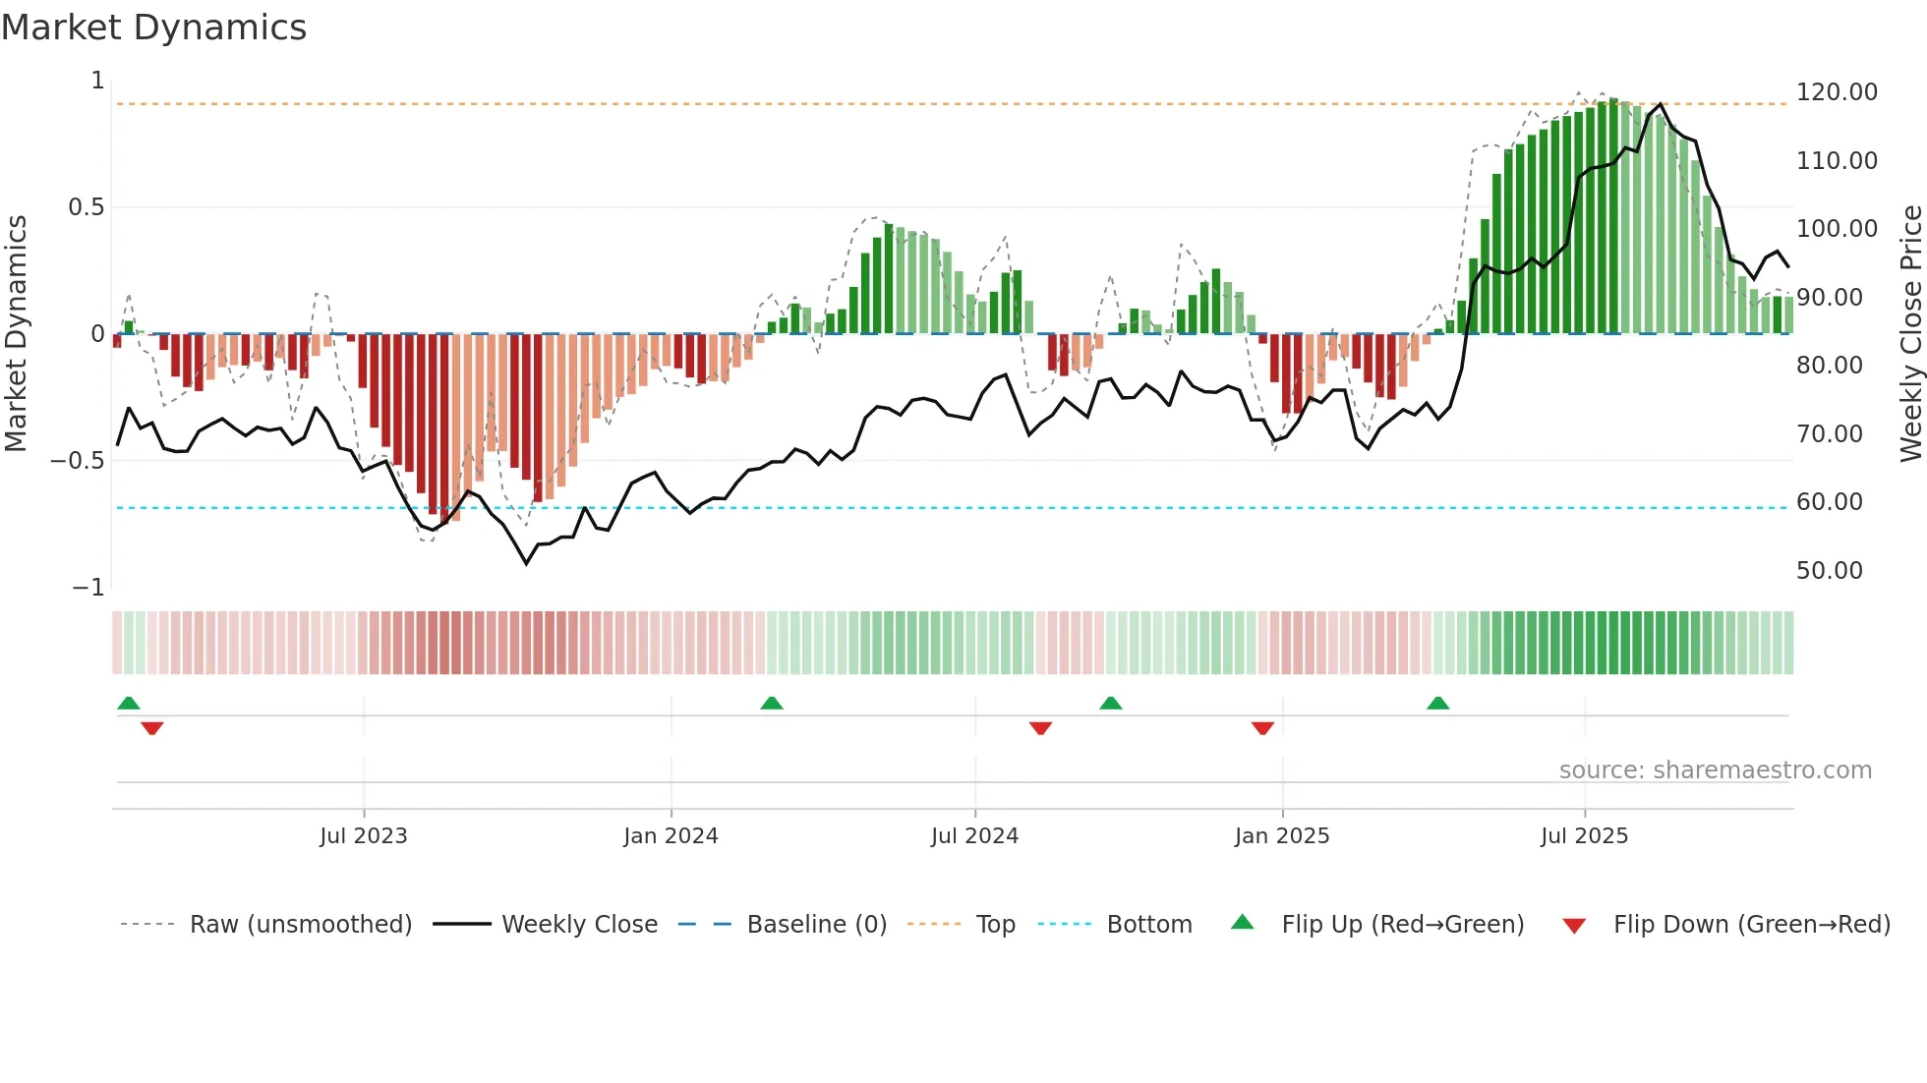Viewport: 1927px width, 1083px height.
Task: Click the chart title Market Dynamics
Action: pos(153,28)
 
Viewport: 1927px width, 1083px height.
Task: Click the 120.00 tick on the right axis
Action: pos(1837,92)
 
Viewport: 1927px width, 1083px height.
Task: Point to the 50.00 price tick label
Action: pos(1829,571)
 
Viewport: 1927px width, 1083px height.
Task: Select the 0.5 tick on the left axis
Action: pos(86,207)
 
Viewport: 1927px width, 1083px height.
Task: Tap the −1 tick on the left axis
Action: pos(88,588)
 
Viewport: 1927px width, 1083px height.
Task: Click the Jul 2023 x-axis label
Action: pos(363,836)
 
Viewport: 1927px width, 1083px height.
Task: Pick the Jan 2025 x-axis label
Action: pos(1282,836)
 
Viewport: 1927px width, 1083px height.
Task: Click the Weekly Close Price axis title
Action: pos(1910,334)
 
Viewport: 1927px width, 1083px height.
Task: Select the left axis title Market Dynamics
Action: pos(16,334)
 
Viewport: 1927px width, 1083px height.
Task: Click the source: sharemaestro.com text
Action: pos(1715,770)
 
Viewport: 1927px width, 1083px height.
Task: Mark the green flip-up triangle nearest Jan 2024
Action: pos(772,704)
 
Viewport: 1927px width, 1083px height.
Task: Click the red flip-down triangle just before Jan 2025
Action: pos(1262,728)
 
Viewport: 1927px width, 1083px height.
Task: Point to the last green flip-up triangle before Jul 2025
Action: pos(1437,704)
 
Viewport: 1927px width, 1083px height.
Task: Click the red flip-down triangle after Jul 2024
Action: pos(1040,728)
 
